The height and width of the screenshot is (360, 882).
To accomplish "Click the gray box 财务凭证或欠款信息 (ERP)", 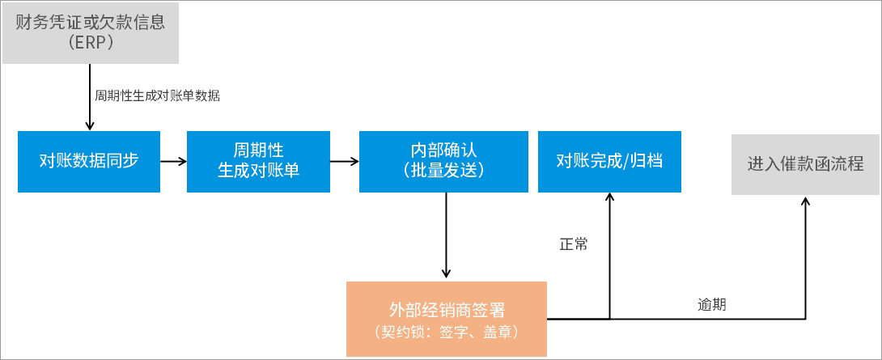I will [91, 32].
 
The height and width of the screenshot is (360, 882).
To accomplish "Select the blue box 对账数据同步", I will [89, 161].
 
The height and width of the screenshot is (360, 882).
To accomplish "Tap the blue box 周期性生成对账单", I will [258, 161].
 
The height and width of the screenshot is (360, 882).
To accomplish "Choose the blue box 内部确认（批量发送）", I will [443, 161].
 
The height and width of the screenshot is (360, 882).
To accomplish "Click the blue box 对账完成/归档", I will [609, 161].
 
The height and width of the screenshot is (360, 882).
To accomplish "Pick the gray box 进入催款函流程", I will [805, 164].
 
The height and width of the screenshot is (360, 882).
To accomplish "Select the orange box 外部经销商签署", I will [447, 319].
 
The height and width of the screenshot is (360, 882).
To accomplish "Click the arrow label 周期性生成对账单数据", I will [157, 95].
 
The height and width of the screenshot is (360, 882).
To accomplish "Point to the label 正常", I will [573, 244].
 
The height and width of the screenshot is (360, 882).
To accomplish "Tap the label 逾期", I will [711, 305].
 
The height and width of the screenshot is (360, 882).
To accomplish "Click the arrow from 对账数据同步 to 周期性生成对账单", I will [173, 161].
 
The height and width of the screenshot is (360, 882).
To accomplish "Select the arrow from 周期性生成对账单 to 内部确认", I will [345, 161].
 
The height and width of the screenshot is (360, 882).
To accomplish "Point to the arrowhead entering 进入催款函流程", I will [805, 201].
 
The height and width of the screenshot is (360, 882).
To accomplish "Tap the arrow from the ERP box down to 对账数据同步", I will [89, 97].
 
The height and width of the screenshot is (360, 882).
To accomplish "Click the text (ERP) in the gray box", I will [91, 43].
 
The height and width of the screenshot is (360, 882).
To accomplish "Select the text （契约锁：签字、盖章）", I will [447, 331].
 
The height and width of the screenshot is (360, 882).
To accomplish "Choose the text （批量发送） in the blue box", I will [443, 171].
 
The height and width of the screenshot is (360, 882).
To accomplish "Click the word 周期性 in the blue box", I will [258, 150].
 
